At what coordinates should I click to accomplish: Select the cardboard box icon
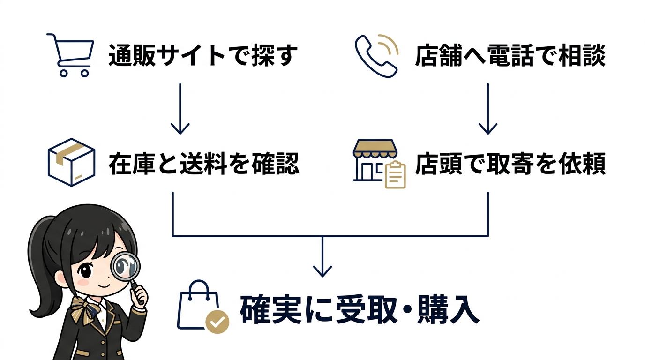click(x=72, y=162)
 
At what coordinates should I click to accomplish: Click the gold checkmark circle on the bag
click(x=217, y=322)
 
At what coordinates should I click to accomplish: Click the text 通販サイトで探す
click(x=203, y=56)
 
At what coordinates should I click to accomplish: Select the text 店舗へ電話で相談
click(x=510, y=56)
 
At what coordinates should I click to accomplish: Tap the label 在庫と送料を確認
click(x=203, y=164)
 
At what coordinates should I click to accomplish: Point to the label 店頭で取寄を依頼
click(x=510, y=164)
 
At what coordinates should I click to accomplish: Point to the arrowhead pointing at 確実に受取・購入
click(x=322, y=271)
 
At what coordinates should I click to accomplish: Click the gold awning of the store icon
click(x=375, y=148)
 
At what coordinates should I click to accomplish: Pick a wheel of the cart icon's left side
click(x=63, y=73)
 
